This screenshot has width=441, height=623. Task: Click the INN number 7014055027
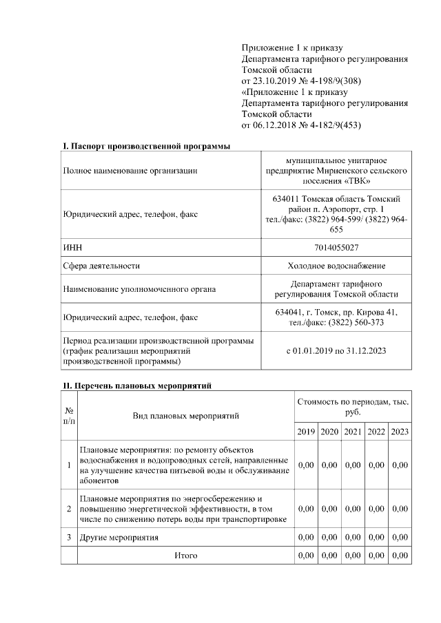click(x=337, y=246)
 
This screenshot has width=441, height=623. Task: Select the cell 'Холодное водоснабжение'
click(x=337, y=265)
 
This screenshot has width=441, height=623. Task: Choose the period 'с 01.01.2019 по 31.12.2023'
click(x=337, y=350)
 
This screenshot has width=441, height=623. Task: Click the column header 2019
click(x=307, y=432)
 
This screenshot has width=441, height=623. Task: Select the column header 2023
click(x=399, y=432)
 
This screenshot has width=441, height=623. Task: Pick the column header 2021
click(x=353, y=432)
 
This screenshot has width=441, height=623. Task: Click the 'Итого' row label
click(x=185, y=555)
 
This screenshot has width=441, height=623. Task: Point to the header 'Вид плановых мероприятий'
click(x=185, y=416)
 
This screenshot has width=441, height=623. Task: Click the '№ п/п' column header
click(x=69, y=415)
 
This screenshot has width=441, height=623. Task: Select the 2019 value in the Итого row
click(x=307, y=555)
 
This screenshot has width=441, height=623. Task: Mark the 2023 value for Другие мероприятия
click(x=399, y=537)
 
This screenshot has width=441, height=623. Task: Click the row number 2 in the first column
click(x=69, y=508)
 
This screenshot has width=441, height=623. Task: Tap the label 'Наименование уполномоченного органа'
click(x=139, y=289)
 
